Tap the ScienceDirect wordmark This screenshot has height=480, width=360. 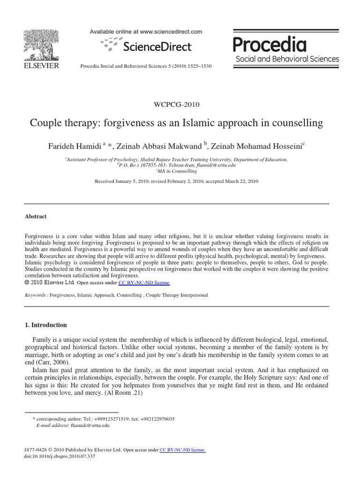coord(157,46)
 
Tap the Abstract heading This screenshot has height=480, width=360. coord(35,217)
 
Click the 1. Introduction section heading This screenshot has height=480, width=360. coord(45,325)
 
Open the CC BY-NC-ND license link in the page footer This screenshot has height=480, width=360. coord(182,450)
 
